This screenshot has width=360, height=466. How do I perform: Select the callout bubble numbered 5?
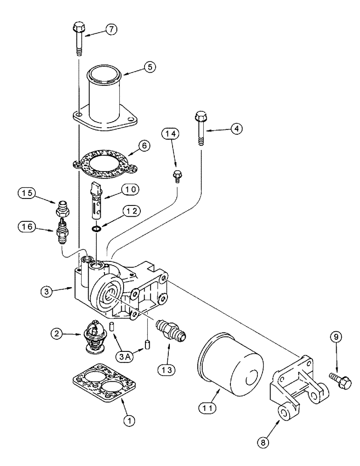(x=149, y=67)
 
